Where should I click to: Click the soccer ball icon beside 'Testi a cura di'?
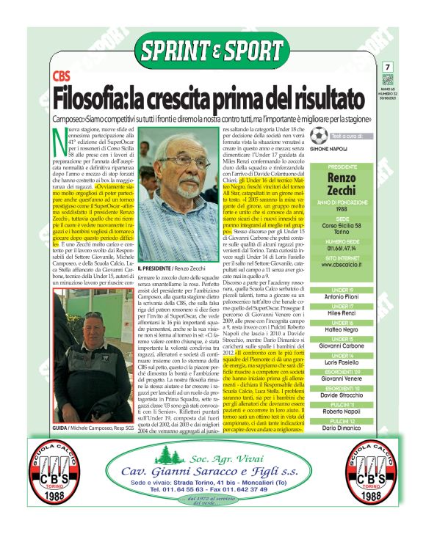[x=318, y=136]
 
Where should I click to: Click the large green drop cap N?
[x=59, y=142]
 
